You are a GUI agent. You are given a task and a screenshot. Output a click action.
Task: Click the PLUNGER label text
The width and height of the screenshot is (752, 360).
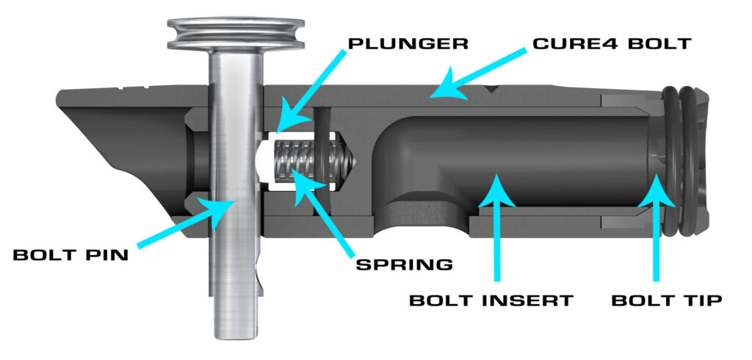(x=408, y=43)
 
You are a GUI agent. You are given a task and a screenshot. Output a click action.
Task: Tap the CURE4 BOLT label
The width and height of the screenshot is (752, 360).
(x=612, y=43)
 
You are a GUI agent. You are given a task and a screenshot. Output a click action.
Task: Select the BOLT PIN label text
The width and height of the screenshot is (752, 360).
(x=71, y=255)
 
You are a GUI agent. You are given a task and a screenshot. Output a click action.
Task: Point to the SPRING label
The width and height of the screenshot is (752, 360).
(x=405, y=264)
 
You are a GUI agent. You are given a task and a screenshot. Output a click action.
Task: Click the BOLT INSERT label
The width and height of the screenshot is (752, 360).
(x=491, y=301)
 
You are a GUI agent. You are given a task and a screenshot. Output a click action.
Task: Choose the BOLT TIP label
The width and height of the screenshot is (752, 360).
(x=667, y=301)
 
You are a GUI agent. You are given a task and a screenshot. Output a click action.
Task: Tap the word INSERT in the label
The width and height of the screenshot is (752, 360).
(x=527, y=301)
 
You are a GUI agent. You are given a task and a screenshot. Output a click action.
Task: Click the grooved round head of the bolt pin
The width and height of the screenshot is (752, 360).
(x=236, y=34)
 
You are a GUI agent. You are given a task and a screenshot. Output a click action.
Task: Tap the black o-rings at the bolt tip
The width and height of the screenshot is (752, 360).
(x=680, y=162)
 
